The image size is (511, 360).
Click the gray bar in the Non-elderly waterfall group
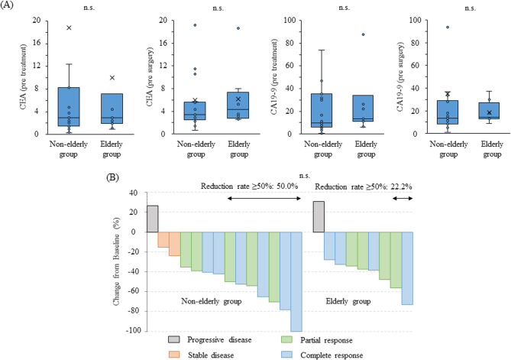pos(152,219)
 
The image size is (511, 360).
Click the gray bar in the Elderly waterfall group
pos(319,216)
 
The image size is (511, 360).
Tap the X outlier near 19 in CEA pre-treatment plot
pos(70,28)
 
